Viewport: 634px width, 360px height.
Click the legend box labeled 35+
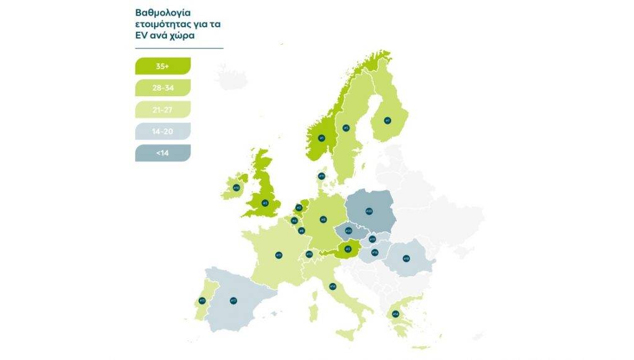163,65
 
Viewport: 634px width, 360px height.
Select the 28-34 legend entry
163,88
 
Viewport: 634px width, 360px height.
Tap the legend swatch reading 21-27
163,109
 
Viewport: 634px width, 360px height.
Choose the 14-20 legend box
163,131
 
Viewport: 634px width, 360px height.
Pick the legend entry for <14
163,153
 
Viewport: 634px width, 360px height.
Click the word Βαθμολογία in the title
159,12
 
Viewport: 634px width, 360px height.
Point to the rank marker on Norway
321,138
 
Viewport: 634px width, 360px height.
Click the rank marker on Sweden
346,128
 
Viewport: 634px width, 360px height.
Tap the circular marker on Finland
387,120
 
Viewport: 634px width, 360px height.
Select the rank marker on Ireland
236,187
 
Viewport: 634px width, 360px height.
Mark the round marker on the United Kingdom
265,202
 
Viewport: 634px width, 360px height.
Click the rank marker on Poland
368,212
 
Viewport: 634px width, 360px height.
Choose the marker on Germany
323,219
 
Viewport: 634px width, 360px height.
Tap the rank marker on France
279,254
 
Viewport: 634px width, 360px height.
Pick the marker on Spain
233,300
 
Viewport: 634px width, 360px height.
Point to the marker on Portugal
202,300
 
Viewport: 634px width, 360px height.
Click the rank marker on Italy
333,286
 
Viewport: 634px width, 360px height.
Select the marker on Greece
395,314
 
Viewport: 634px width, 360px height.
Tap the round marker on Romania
406,258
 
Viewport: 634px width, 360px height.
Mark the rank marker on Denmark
321,176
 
